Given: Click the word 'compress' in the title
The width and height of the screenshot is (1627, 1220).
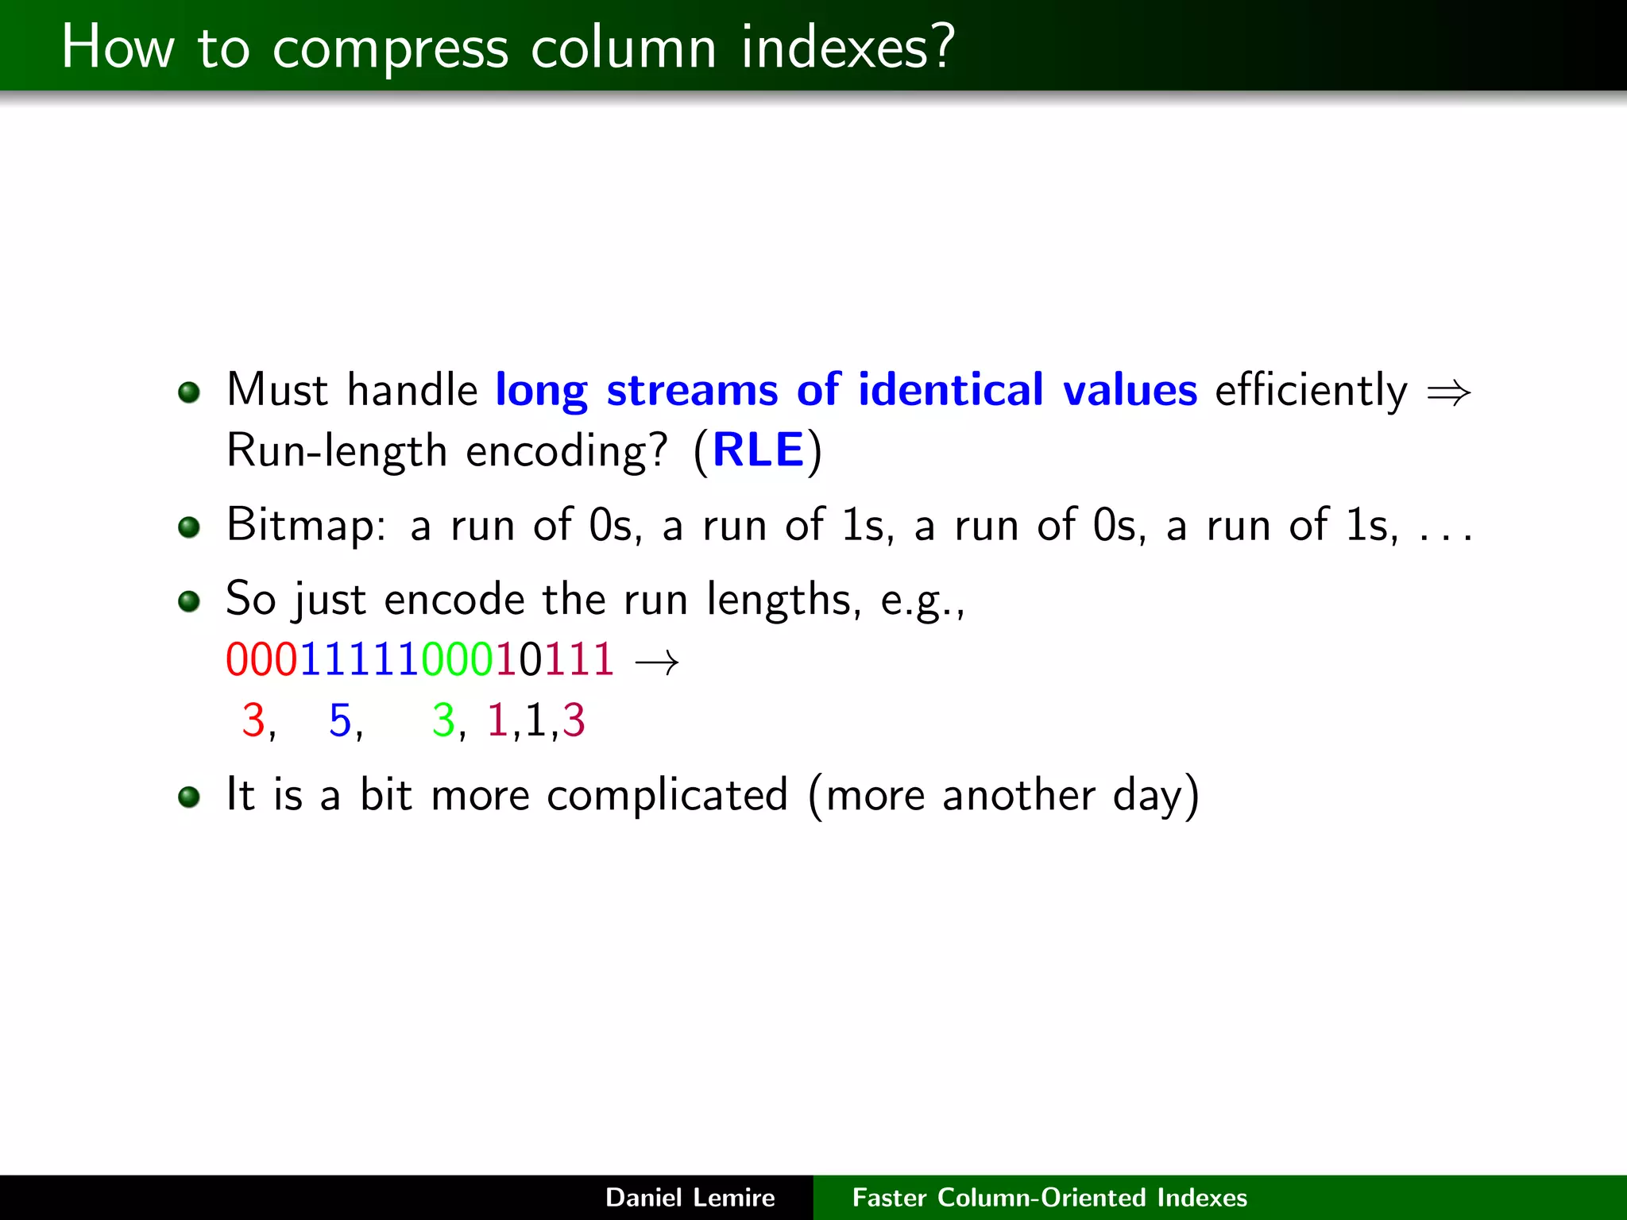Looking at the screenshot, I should [x=389, y=49].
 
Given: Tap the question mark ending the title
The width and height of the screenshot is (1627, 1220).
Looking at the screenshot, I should [x=943, y=46].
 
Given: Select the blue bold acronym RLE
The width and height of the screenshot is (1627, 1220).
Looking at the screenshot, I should [x=758, y=450].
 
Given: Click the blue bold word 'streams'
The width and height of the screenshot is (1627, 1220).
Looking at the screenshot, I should [x=691, y=390].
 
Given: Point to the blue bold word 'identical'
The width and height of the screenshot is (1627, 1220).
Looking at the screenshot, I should [x=950, y=390].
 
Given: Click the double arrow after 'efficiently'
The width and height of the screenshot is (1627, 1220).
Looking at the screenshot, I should [x=1448, y=392].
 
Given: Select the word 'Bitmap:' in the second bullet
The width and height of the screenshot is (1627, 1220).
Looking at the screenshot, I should [x=307, y=526].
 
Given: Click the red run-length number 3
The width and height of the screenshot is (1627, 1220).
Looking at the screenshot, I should [x=253, y=720].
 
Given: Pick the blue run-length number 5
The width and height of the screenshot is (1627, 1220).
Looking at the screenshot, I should [x=340, y=720].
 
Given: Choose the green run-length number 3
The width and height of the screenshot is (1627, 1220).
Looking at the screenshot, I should [x=442, y=720].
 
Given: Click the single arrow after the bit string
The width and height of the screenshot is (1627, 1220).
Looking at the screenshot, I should [x=657, y=662].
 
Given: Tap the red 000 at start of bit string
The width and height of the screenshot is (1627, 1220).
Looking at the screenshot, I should [x=261, y=659].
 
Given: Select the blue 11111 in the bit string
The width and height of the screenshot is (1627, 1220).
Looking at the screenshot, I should [x=359, y=659].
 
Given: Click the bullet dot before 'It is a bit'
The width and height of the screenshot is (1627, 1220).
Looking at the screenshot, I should [x=189, y=797].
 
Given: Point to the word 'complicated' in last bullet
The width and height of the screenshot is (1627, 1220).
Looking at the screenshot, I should [x=667, y=795].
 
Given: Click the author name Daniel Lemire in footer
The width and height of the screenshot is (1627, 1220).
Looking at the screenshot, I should [x=690, y=1197].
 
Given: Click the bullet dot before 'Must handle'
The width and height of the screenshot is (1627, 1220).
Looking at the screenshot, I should [x=189, y=392].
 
